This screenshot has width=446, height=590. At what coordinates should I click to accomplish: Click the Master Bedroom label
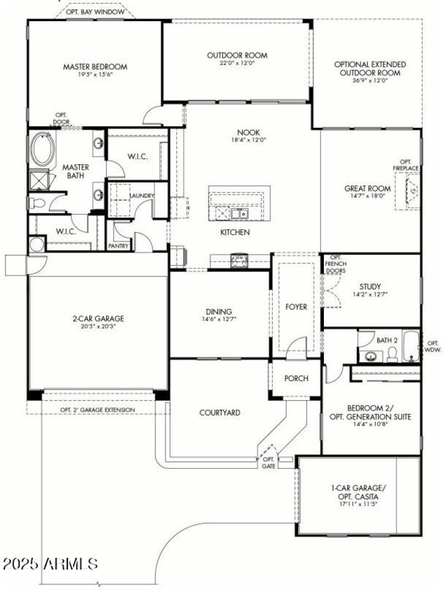(x=95, y=67)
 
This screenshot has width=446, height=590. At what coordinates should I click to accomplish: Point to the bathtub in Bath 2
(x=413, y=346)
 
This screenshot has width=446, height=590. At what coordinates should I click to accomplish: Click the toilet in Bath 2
(x=392, y=354)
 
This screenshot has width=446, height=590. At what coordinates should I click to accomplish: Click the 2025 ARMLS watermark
(x=50, y=563)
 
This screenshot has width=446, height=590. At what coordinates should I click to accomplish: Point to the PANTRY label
(x=119, y=245)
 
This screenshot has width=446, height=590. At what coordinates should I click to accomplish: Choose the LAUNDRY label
(x=141, y=196)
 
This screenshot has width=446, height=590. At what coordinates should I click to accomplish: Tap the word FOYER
(x=296, y=307)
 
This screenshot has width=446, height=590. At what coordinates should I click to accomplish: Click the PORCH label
(x=296, y=378)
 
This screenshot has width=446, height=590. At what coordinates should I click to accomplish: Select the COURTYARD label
(x=220, y=413)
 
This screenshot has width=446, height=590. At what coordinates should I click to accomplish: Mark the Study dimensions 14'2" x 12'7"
(x=370, y=294)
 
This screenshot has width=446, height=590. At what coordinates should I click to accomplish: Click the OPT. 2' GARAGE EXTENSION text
(x=98, y=410)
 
